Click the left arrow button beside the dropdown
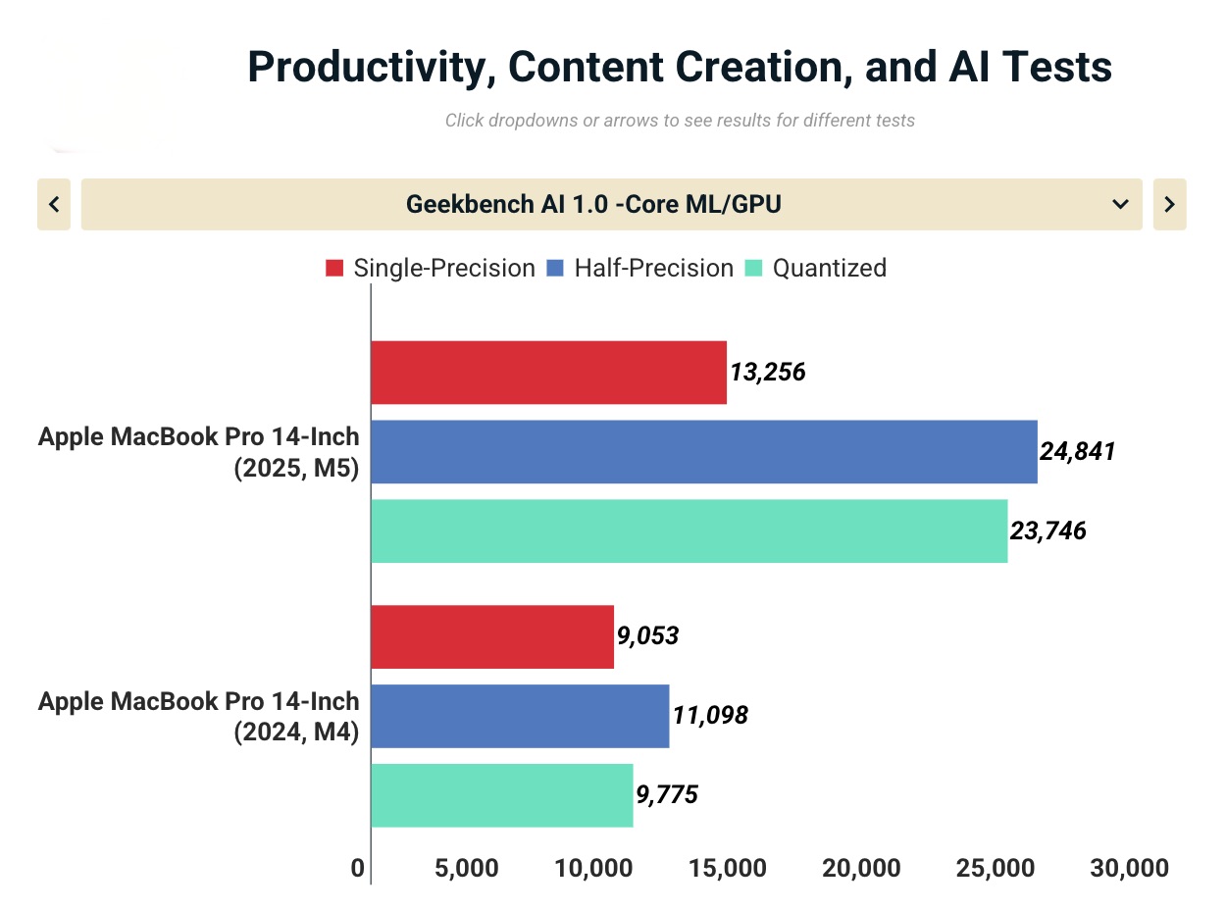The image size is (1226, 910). pos(54,204)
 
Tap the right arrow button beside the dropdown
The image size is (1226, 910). pos(1169,204)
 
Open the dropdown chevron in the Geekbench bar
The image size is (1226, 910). pos(1120,204)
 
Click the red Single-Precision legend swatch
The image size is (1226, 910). pos(334,268)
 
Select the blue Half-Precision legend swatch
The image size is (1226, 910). pos(555,268)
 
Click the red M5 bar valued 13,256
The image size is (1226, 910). pos(548,373)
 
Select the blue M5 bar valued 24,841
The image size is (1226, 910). pos(703,452)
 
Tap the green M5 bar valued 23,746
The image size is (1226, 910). pos(689,531)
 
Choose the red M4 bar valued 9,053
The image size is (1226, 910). pos(491,637)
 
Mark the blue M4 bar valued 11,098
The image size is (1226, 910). pos(520,716)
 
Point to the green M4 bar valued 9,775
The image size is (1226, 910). pos(501,795)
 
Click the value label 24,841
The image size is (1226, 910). pos(1077,452)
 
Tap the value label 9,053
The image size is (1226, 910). pos(647,635)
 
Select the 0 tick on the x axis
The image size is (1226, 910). pos(358,868)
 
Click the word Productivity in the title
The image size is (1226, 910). pos(377,67)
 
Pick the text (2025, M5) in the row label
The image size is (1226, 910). pos(296,469)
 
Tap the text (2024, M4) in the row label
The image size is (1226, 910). pos(296,733)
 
